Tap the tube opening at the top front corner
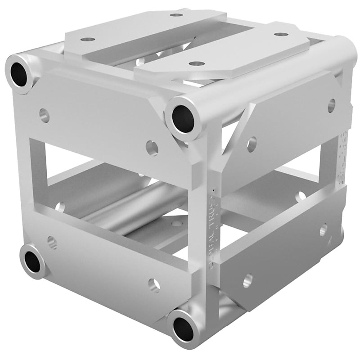pos(183,119)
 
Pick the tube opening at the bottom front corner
pos(184,328)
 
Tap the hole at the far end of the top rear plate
pos(176,14)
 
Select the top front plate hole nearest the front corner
pos(197,63)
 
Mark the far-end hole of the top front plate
pos(281,34)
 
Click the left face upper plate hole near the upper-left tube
pos(44,115)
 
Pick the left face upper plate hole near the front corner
pos(152,148)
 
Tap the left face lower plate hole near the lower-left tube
pos(52,243)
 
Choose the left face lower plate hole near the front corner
pos(154,284)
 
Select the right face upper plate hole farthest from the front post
pos(331,105)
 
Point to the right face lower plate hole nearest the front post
pos(247,280)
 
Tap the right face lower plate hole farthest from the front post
pos(324,230)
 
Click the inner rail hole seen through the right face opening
pos(300,196)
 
